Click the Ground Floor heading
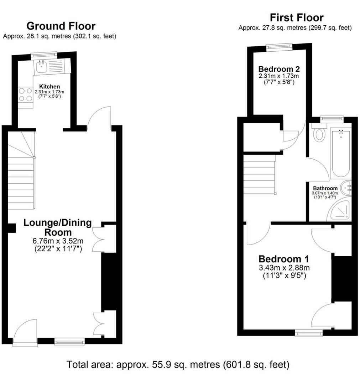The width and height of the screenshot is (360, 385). tap(61, 26)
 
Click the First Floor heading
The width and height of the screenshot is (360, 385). tap(296, 17)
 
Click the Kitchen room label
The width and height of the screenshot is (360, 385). tap(49, 87)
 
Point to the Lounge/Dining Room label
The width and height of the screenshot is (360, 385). tap(57, 227)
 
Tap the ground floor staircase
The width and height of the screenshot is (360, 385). tap(21, 182)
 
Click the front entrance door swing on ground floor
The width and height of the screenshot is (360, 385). tap(24, 333)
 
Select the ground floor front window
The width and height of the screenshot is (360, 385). tap(70, 342)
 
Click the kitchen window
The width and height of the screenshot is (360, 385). tap(44, 55)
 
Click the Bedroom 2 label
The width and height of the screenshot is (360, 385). tap(279, 69)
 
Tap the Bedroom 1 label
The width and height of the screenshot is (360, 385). tap(284, 259)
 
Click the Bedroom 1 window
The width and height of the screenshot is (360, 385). tap(309, 333)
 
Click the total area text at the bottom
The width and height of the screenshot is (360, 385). tap(178, 365)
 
